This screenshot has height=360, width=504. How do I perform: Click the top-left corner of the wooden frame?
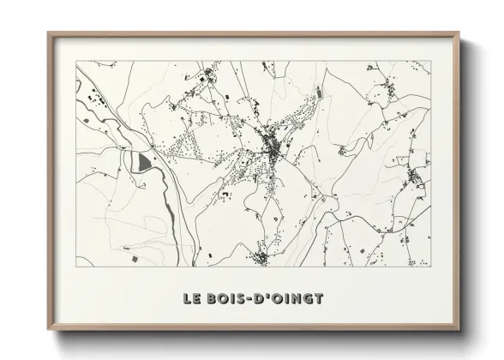click(x=49, y=33)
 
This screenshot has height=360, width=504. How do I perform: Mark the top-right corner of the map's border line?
click(x=430, y=61)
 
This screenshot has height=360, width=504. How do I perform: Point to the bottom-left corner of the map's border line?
click(x=76, y=267)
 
